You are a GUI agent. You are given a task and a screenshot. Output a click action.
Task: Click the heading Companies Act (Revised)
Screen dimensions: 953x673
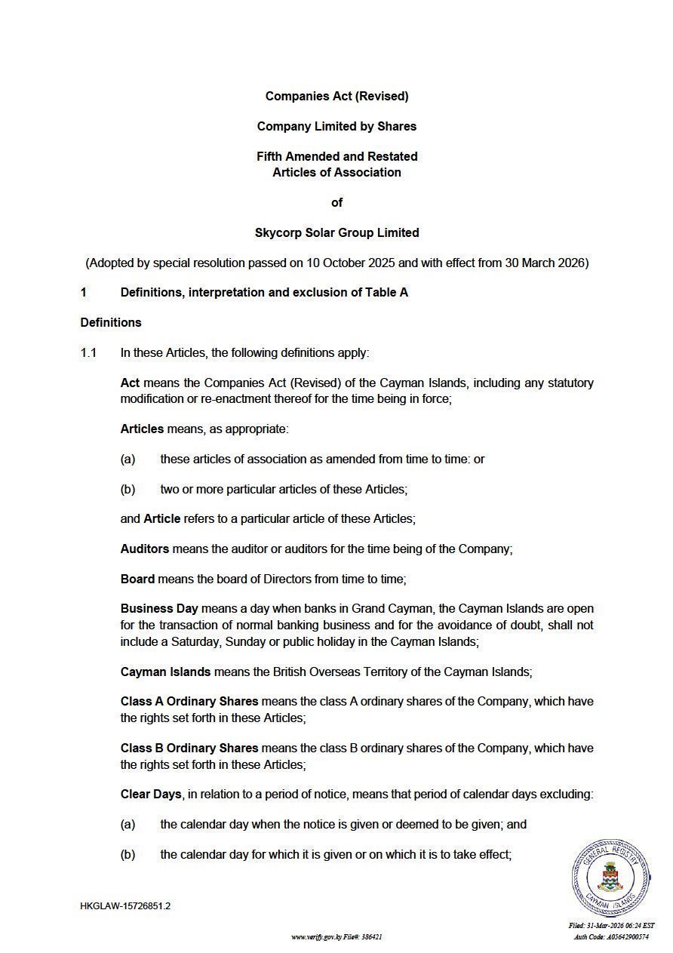click(336, 97)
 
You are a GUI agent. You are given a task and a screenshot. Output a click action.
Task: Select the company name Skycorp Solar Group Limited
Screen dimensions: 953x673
click(336, 232)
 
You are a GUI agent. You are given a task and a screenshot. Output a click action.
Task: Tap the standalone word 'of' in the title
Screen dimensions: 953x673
click(336, 202)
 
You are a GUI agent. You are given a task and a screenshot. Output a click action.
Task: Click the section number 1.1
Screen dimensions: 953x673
click(89, 352)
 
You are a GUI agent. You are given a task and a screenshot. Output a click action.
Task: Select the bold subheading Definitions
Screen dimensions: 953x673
click(111, 322)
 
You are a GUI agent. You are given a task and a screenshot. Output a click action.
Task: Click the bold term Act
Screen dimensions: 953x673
click(130, 383)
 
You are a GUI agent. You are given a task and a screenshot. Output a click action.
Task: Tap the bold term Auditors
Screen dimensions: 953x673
click(145, 549)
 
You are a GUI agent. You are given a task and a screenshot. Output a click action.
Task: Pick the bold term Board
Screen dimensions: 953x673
click(137, 579)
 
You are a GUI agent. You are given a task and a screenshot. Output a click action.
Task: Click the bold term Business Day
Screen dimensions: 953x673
click(159, 609)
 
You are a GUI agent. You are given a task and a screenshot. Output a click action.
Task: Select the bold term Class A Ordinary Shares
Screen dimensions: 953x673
click(189, 702)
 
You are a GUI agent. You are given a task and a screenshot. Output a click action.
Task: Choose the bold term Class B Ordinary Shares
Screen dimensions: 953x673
click(189, 749)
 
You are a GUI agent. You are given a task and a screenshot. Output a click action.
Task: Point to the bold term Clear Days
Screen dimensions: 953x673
click(151, 795)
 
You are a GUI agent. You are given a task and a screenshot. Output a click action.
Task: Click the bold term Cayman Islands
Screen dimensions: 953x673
click(166, 672)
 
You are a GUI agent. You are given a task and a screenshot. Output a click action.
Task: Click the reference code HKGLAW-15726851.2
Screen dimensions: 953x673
click(125, 906)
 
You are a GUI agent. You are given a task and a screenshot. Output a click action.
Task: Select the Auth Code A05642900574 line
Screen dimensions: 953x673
click(611, 937)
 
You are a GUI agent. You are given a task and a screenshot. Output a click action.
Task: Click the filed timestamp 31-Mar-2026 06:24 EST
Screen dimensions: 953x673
click(611, 926)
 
